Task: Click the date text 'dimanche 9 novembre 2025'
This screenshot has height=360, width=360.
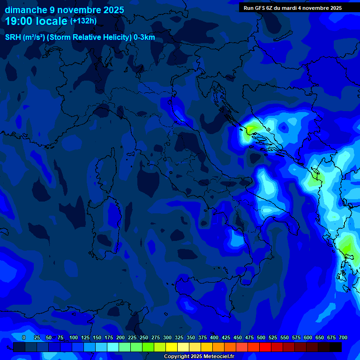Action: click(x=64, y=10)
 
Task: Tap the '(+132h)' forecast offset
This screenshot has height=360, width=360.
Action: click(x=83, y=21)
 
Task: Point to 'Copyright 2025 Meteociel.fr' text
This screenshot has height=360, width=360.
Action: click(x=199, y=356)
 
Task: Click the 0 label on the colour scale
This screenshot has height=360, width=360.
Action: click(x=24, y=337)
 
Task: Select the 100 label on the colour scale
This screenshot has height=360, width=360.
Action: click(x=73, y=337)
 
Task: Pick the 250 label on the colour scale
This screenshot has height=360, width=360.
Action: click(x=143, y=337)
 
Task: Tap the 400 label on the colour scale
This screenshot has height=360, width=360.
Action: click(x=214, y=337)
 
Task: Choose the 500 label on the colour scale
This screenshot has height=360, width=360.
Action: click(x=261, y=337)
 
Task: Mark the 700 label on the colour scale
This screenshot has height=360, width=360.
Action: click(x=343, y=337)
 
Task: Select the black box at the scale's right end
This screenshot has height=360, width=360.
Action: click(x=336, y=347)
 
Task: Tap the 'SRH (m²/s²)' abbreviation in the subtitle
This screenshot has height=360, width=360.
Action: click(x=25, y=37)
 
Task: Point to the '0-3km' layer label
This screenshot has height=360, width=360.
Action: click(x=144, y=37)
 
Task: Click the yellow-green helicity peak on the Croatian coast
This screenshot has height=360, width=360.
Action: click(x=252, y=127)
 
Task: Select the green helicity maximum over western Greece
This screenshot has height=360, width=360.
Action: click(x=347, y=246)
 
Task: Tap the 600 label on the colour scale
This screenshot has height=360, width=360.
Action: click(x=307, y=337)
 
